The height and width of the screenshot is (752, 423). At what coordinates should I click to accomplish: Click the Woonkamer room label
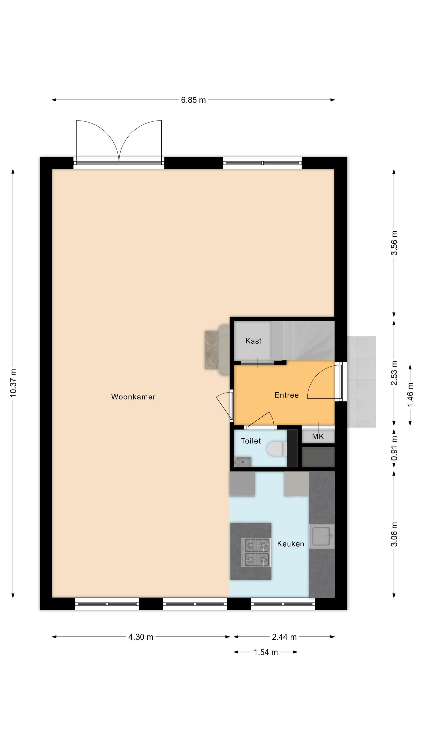pos(133,397)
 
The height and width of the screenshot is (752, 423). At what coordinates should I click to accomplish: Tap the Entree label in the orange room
pos(286,395)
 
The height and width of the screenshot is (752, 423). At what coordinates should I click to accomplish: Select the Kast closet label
pos(253,341)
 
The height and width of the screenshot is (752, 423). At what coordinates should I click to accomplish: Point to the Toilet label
pos(251,441)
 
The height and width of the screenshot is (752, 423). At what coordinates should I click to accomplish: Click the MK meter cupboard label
pos(318,436)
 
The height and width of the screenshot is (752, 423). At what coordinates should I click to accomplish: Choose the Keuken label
pos(290,543)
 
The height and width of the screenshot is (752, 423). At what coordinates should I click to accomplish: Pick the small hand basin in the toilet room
pos(243,462)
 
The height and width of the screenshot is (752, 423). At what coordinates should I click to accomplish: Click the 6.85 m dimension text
pos(193,100)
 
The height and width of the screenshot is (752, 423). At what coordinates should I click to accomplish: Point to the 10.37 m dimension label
pos(13,383)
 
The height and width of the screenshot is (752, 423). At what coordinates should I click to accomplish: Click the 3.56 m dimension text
pos(394,243)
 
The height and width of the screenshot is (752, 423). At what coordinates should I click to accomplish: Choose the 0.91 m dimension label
pos(394,448)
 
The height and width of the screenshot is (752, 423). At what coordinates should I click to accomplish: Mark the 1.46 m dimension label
pos(410,394)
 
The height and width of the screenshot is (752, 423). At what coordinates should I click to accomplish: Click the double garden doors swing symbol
pos(119,141)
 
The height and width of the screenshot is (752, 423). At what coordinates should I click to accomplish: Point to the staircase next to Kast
pos(303,341)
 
